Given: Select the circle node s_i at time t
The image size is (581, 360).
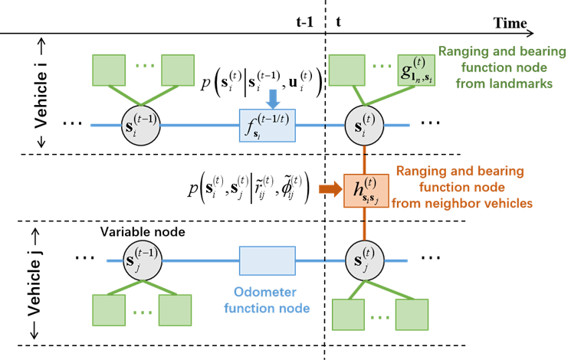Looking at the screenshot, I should tap(363, 124).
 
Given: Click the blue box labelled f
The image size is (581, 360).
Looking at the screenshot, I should tap(267, 125).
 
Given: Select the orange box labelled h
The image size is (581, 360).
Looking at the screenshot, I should tap(366, 188).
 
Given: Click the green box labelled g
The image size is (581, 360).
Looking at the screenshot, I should tap(417, 70).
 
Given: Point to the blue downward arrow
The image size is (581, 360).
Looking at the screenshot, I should tap(272, 98).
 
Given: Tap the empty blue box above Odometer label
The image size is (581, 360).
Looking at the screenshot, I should tap(267, 260).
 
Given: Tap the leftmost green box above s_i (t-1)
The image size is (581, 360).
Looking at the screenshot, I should tap(109, 70).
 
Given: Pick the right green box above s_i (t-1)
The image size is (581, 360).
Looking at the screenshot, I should tap(178, 70).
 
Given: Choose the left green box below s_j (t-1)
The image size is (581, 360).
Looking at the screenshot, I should tap(108, 310).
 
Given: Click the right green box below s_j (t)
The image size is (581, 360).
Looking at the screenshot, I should tap(412, 314).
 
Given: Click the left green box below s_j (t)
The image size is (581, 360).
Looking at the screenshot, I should tap(347, 314).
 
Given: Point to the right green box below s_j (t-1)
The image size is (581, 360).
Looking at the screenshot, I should tap(175, 310).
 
